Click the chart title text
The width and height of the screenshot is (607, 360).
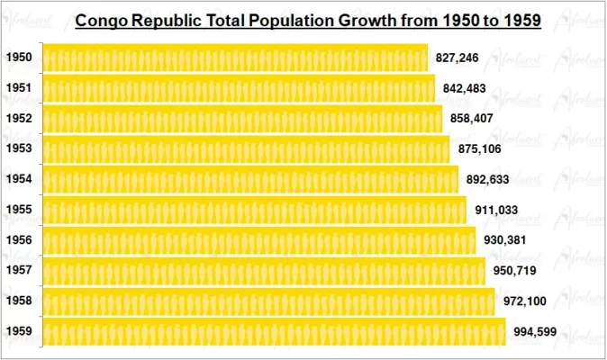click(x=307, y=19)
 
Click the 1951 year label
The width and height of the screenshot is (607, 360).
click(x=19, y=88)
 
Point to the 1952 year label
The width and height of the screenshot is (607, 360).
click(x=19, y=119)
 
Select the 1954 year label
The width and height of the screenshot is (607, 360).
click(x=19, y=179)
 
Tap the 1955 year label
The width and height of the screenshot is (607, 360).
click(x=19, y=210)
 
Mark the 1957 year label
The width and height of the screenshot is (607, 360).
click(x=19, y=270)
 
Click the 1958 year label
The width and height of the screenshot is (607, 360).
click(x=19, y=301)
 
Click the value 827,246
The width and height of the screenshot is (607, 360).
click(x=457, y=58)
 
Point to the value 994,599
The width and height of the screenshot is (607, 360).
click(x=535, y=331)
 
